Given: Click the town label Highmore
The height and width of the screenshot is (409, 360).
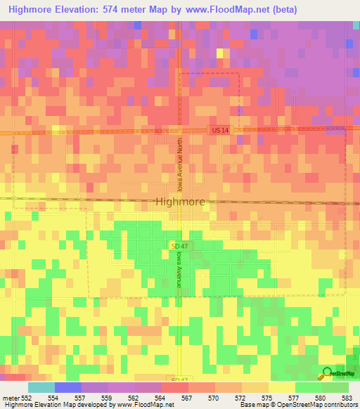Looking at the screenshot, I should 179,202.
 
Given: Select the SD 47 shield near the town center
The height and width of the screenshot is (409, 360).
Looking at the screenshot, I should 179,246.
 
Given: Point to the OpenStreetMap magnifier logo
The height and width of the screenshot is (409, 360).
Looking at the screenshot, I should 328,375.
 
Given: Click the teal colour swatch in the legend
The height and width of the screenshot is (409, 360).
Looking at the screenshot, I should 41,387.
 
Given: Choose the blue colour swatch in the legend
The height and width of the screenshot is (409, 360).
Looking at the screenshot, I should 67,387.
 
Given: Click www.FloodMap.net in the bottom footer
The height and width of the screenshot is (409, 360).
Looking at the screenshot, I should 145,405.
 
